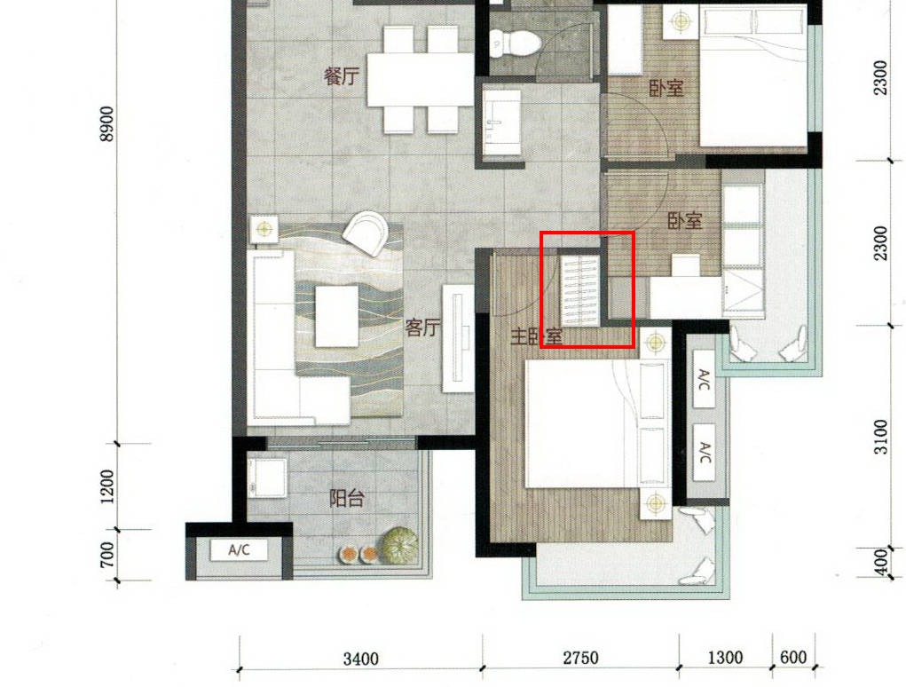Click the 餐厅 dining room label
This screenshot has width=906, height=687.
coord(342,75)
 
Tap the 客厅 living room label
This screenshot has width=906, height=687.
coord(423,328)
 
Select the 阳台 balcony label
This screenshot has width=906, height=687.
coord(347,498)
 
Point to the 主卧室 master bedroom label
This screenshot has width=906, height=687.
coord(536,336)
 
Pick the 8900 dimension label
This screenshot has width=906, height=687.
coord(106,123)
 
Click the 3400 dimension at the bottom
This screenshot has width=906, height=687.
coord(360,659)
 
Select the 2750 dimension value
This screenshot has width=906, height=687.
coord(580,658)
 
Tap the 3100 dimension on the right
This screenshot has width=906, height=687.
coord(880,437)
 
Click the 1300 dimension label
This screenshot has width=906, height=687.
coord(725,658)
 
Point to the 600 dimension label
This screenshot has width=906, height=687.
coord(792,658)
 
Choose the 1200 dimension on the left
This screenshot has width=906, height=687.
coord(106,486)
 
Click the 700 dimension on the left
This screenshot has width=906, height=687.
coord(106,554)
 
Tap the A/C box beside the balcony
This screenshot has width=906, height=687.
coord(240,549)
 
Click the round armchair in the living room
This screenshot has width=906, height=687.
coord(366,233)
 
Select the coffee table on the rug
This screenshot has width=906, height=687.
coord(336,317)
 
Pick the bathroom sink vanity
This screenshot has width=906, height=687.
coord(501,122)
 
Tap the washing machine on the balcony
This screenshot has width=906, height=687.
coord(267,478)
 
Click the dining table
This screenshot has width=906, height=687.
coord(421,80)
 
